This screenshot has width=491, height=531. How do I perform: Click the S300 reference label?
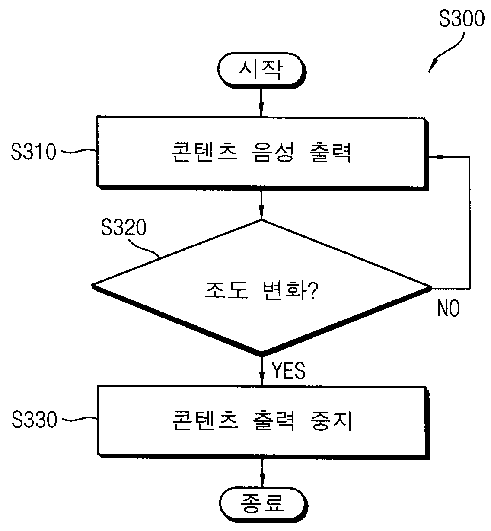click(x=462, y=19)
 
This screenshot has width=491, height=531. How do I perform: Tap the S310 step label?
click(x=33, y=152)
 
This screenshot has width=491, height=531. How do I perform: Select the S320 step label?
click(x=124, y=227)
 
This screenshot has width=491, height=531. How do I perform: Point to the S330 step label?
click(x=34, y=420)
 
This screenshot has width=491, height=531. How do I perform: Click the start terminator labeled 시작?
click(x=261, y=70)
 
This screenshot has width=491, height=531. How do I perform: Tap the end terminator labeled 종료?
click(x=263, y=503)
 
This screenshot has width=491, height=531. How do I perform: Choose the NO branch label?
click(x=449, y=308)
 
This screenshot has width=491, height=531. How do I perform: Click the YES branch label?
click(x=288, y=371)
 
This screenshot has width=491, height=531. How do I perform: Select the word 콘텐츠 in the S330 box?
click(x=205, y=420)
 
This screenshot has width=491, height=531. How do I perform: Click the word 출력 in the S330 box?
click(x=274, y=420)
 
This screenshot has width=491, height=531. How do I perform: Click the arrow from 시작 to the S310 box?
click(x=261, y=102)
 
